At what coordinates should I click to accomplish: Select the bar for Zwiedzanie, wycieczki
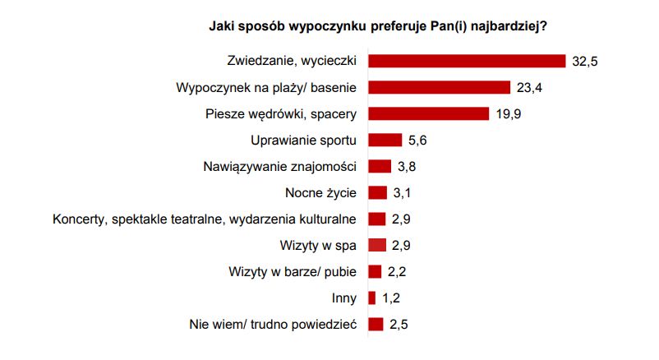[x=467, y=61]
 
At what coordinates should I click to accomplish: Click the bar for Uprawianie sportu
[x=385, y=140]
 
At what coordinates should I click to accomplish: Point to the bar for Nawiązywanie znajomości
[x=380, y=166]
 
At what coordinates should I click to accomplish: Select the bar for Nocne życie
[x=378, y=192]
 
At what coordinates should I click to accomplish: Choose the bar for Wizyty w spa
[x=377, y=245]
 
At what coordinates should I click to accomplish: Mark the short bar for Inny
[x=372, y=298]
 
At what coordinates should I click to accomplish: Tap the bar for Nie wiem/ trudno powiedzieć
[x=376, y=324]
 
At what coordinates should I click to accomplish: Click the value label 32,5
[x=583, y=62]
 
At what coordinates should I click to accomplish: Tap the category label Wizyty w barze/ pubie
[x=293, y=271]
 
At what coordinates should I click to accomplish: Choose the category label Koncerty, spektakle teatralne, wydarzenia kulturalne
[x=204, y=219]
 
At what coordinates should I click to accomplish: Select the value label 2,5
[x=399, y=325]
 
